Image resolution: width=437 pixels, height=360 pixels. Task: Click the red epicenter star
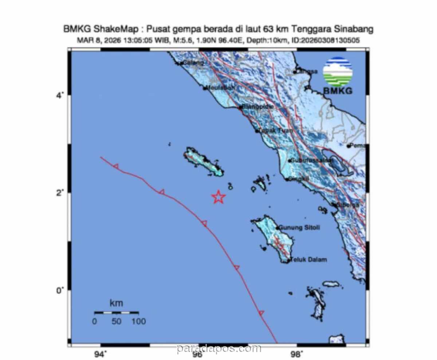click(x=219, y=197)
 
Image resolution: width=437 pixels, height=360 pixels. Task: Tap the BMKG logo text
click(x=338, y=91)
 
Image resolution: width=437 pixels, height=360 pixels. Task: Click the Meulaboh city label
click(x=220, y=87)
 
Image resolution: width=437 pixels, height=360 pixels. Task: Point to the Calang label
click(x=193, y=63)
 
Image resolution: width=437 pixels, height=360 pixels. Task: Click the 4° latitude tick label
click(x=59, y=95)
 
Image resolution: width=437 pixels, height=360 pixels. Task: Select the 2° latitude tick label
click(x=59, y=193)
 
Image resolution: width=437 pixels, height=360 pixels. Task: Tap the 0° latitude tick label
click(x=59, y=290)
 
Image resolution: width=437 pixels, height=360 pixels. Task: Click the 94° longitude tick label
click(x=101, y=353)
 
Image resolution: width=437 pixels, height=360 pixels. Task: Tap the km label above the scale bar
click(x=116, y=303)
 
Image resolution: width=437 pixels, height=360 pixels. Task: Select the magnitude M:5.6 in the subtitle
click(x=180, y=40)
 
